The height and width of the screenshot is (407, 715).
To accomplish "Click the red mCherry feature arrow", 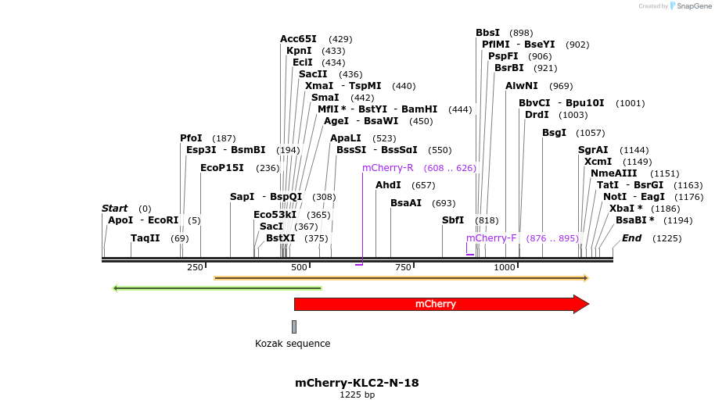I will coord(438,304).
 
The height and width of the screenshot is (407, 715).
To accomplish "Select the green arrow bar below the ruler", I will coord(217,288).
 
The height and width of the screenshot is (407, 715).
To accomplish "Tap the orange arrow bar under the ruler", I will coord(401,277).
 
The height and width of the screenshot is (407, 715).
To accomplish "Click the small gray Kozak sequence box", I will coord(294,327).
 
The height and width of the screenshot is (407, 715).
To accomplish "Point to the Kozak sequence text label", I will coord(293,344).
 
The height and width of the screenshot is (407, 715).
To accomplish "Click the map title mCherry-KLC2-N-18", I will coord(357,383).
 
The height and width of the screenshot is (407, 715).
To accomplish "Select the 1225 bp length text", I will coord(357,395).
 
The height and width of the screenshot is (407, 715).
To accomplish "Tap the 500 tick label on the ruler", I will coord(299,268).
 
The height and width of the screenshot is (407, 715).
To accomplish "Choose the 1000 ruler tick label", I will coord(505,268).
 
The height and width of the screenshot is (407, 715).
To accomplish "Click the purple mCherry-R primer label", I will coord(387,168).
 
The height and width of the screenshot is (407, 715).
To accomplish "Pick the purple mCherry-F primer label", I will coord(491,238).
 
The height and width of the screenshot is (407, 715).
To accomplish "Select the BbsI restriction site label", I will coord(487,33).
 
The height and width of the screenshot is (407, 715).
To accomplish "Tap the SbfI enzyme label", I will coord(453,220).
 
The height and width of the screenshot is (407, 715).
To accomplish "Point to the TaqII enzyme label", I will coord(146,238).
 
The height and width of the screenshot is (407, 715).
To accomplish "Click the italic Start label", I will coord(114,209).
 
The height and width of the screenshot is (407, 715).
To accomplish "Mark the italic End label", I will coord(631,238).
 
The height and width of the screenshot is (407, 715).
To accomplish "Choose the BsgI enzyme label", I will coord(554,133).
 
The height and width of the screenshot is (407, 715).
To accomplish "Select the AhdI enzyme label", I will coord(388,185).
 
